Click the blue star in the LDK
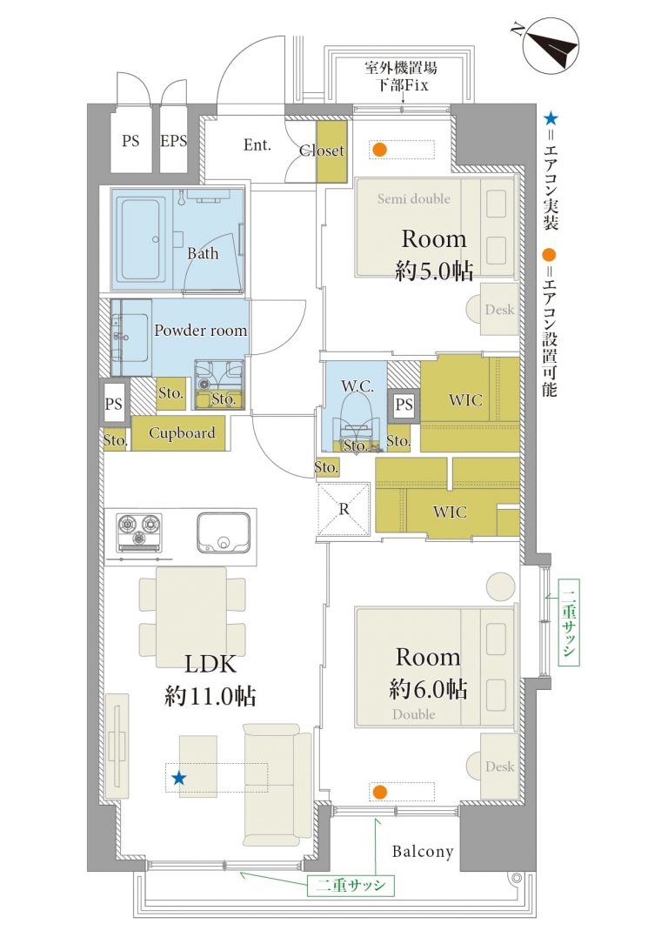178,779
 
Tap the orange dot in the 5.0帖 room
379,150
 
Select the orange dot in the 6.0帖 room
378,792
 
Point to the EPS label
173,141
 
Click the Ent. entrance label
257,144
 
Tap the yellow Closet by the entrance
331,151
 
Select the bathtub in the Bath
142,239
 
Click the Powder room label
200,330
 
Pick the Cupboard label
182,433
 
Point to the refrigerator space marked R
344,509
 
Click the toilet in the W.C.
357,424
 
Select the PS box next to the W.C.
404,405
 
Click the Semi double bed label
413,198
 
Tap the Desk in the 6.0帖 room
493,766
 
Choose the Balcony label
423,851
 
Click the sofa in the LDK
277,785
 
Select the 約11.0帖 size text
210,697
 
